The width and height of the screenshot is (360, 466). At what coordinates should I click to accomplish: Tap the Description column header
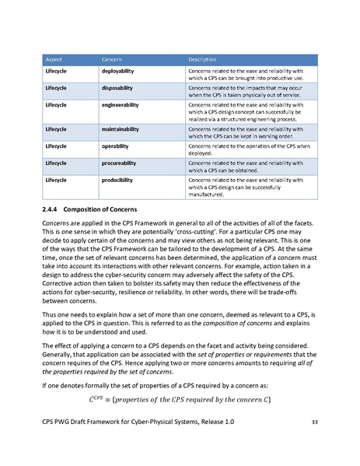204,59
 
